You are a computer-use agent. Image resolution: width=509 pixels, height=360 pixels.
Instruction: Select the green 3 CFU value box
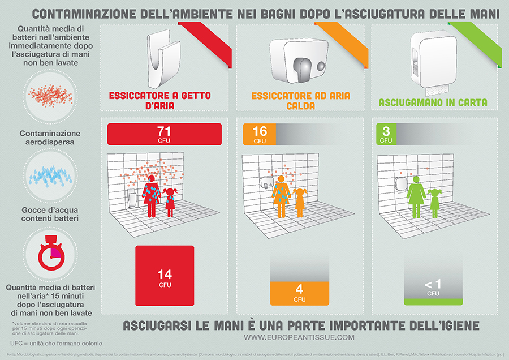(386, 134)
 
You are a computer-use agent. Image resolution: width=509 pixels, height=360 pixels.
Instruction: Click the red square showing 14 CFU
(164, 277)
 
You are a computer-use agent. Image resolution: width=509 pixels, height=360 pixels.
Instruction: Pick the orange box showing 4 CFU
(299, 293)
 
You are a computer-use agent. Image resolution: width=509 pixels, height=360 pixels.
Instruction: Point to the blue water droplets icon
(48, 173)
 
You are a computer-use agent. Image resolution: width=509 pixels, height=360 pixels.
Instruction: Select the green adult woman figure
(416, 196)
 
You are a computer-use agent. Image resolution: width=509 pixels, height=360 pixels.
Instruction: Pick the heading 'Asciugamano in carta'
(433, 103)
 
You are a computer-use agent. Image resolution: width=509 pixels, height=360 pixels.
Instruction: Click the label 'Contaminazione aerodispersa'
(48, 138)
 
